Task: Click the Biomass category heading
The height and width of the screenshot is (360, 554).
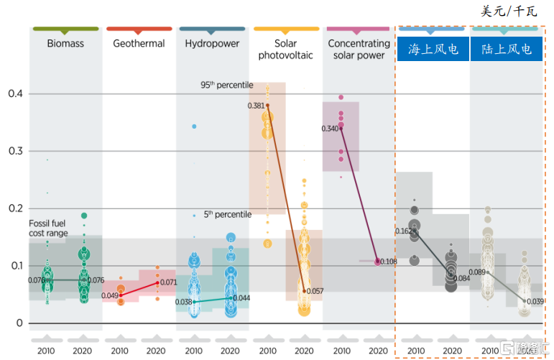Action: [x=65, y=44]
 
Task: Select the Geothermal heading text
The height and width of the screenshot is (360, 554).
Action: [x=139, y=44]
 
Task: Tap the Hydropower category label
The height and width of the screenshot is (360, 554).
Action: [x=212, y=44]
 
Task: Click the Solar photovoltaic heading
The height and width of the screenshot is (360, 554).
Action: [x=286, y=50]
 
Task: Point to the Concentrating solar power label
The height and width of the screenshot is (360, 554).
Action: [x=359, y=50]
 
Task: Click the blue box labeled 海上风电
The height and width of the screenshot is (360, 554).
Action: [x=433, y=50]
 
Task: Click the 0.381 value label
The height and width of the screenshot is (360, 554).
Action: [x=256, y=106]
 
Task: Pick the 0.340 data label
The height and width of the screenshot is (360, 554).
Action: [x=331, y=129]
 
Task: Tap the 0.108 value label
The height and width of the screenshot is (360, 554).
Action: [x=389, y=262]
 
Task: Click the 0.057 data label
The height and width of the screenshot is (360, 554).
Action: [x=315, y=292]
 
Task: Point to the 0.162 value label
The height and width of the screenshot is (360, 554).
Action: [x=404, y=231]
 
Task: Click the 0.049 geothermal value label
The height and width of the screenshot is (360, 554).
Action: [x=109, y=296]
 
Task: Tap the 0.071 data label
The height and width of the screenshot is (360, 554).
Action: [x=167, y=283]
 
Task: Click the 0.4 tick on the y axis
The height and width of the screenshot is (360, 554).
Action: [x=14, y=94]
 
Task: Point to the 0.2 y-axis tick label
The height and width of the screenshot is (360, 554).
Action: [x=14, y=208]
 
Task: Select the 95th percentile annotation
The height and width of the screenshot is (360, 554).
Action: [x=226, y=85]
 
